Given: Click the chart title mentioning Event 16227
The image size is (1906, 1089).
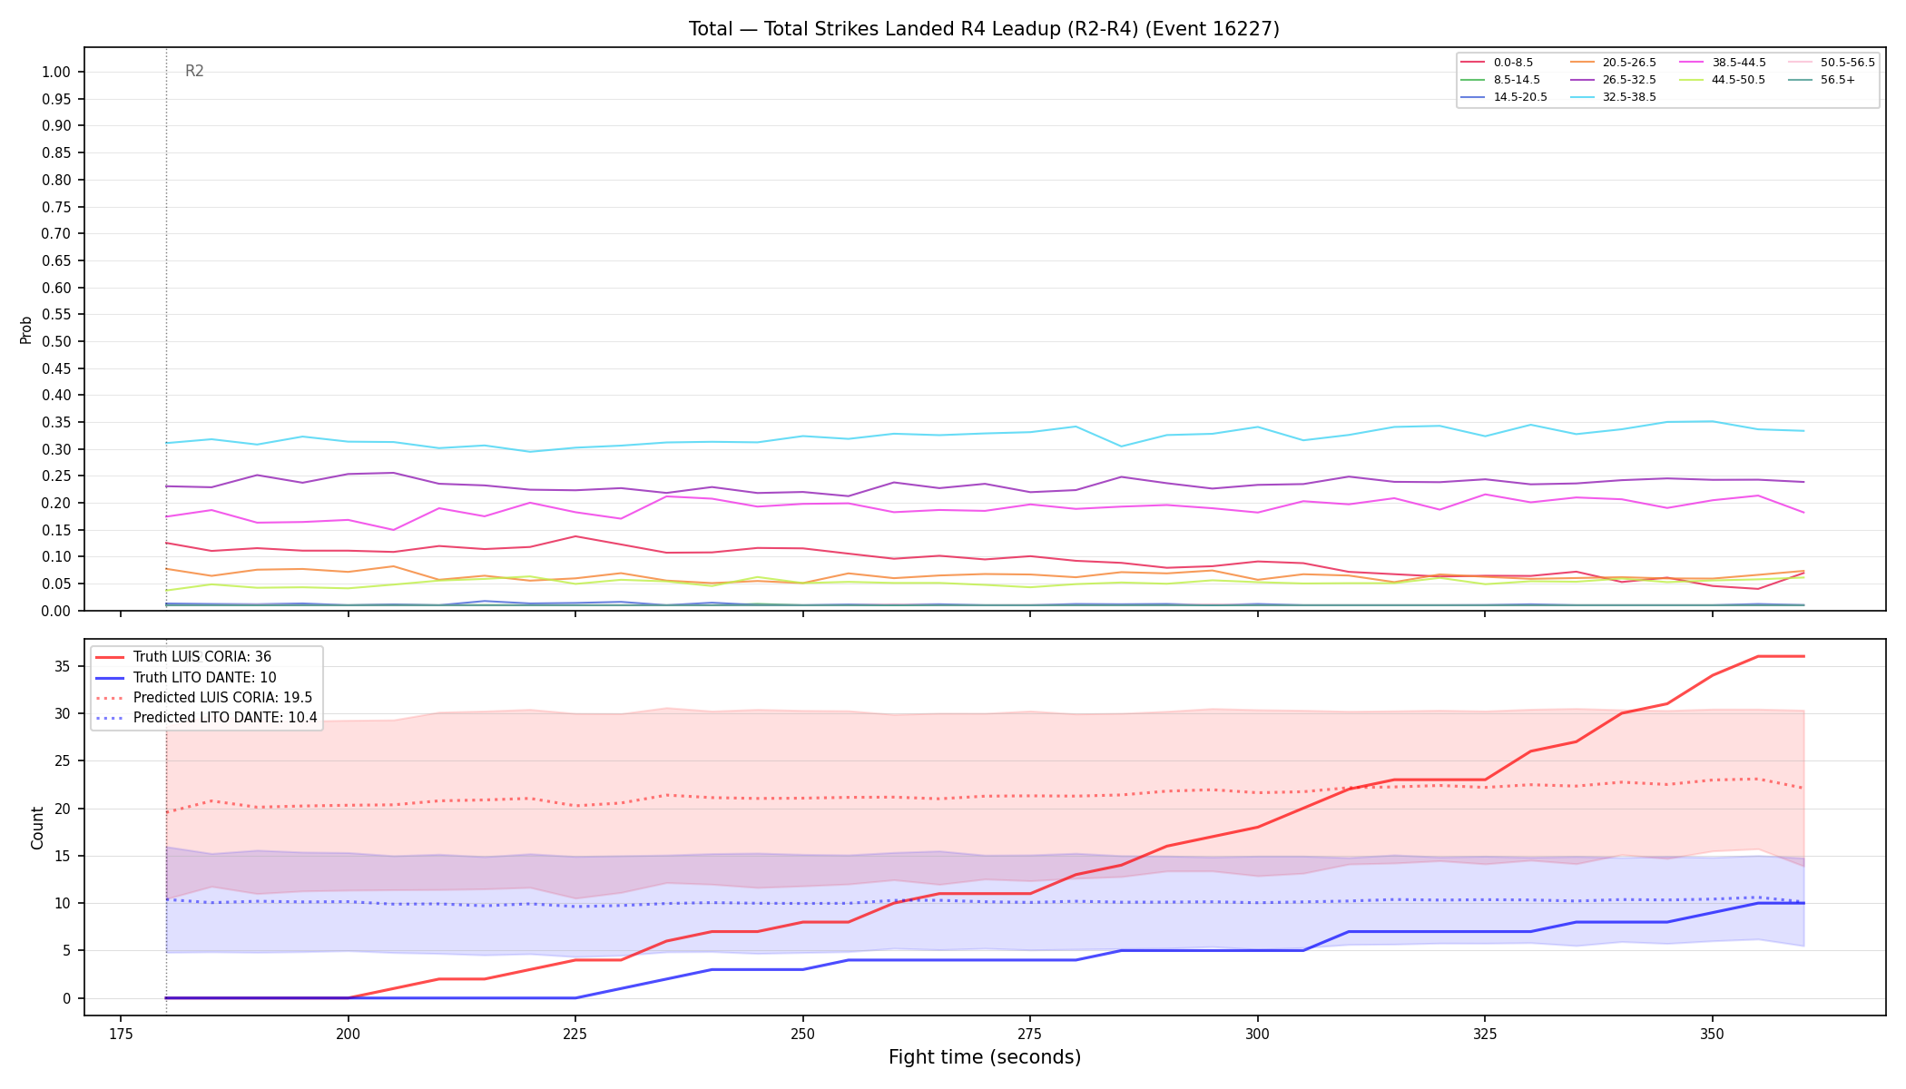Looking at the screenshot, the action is (984, 29).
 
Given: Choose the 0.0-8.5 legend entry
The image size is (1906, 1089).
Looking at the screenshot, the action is (1497, 63).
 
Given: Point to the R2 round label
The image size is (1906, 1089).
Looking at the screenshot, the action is (194, 71).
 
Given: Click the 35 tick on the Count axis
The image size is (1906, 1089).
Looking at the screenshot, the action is (63, 667).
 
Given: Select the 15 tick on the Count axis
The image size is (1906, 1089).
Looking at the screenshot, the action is (63, 857).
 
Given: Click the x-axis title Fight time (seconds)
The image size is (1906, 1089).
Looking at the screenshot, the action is (985, 1057).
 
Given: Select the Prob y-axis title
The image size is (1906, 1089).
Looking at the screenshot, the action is (26, 329).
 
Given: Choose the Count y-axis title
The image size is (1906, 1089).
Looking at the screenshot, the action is (37, 828).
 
